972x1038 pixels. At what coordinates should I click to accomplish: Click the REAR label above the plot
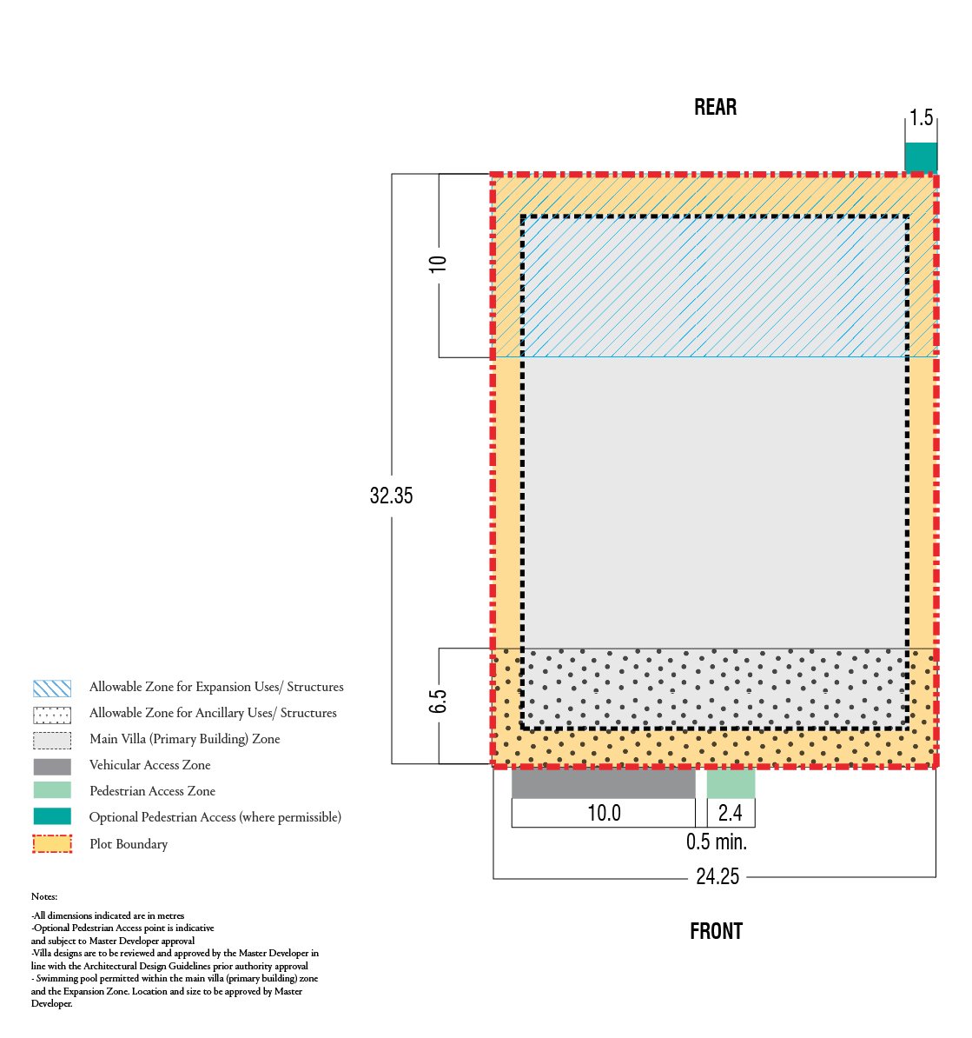pos(716,107)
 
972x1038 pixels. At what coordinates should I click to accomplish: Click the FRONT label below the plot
pos(716,931)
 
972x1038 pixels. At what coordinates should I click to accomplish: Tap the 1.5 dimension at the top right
pos(921,118)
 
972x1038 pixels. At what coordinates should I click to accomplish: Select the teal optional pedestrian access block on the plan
pos(921,157)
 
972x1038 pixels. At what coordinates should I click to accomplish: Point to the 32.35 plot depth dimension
pos(392,496)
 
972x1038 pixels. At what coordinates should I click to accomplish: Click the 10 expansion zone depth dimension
pos(438,264)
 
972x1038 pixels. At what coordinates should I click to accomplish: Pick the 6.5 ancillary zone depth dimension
pos(438,702)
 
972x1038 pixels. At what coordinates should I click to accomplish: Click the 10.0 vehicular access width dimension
pos(605,813)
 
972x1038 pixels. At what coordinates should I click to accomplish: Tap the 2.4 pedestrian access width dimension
pos(730,813)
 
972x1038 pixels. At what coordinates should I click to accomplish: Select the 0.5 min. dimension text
pos(717,842)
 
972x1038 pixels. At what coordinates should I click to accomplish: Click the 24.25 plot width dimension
pos(717,876)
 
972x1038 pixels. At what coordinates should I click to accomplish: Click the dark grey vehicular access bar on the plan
pos(604,784)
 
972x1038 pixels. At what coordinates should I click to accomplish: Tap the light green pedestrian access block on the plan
pos(731,784)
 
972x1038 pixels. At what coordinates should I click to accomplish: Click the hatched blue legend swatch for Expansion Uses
pos(52,689)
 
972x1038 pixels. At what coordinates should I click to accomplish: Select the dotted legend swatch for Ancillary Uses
pos(52,715)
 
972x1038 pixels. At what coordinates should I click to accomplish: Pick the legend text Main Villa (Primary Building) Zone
pos(185,739)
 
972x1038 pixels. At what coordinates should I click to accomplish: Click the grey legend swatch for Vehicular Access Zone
pos(52,767)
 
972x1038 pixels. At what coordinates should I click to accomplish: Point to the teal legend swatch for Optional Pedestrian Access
pos(52,816)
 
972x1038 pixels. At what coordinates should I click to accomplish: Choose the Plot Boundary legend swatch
pos(52,844)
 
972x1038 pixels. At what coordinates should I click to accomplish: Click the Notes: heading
pos(44,896)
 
